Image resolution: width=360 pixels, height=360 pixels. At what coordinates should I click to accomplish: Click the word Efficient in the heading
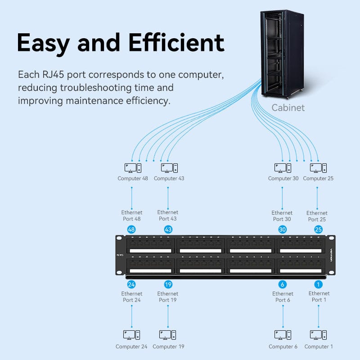176,43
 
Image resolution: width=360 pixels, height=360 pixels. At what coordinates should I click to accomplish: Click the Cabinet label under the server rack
288,108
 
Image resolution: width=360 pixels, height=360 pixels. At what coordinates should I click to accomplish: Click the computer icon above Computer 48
133,168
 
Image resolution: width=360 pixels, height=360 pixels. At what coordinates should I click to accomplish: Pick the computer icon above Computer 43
169,168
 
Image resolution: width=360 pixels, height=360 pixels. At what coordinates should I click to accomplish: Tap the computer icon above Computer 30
283,168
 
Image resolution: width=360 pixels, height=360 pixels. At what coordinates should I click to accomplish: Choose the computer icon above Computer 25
318,168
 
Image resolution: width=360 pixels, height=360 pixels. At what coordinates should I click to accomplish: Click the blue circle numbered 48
131,229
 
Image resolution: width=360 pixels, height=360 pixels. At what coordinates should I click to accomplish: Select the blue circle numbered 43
168,229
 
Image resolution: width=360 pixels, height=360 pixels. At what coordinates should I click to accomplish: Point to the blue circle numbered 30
283,229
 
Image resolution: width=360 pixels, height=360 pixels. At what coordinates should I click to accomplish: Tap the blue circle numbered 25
318,229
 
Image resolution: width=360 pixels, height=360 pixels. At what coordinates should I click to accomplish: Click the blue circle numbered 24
131,284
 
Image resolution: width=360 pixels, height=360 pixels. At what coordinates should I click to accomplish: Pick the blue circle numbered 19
168,284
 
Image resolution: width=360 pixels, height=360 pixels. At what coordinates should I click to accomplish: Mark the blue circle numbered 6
283,284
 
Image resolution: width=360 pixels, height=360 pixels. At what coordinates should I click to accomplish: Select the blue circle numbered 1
318,284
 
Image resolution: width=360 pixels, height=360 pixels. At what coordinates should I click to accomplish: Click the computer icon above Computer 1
318,335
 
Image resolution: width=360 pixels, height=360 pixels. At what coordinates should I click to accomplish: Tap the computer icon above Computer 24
131,335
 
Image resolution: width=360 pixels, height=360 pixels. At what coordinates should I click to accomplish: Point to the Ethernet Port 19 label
168,297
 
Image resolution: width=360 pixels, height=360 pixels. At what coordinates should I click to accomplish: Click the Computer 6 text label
283,346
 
